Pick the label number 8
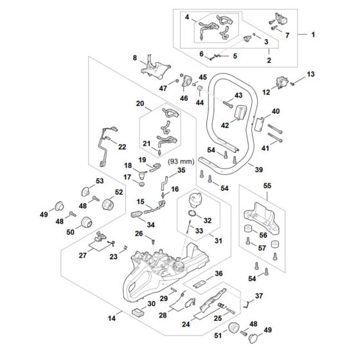134,58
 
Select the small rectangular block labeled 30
138,311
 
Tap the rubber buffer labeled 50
86,222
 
